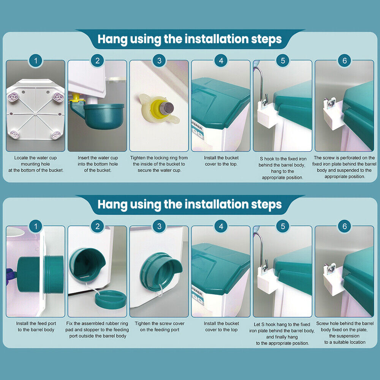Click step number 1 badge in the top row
[x=36, y=60]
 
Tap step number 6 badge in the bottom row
[x=345, y=226]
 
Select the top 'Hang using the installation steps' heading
[x=190, y=39]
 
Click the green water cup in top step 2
[x=98, y=115]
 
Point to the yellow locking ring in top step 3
[x=160, y=108]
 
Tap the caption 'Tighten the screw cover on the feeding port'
[x=160, y=326]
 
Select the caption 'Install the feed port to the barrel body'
[x=36, y=326]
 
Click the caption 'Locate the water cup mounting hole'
[x=35, y=161]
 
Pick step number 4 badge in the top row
[x=221, y=60]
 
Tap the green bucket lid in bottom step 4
[x=220, y=269]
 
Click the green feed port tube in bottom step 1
[x=40, y=274]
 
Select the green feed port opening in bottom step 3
[x=160, y=271]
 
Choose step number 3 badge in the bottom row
[x=159, y=226]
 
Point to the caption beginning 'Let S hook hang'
[x=282, y=334]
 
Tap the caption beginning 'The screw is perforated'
[x=344, y=167]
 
